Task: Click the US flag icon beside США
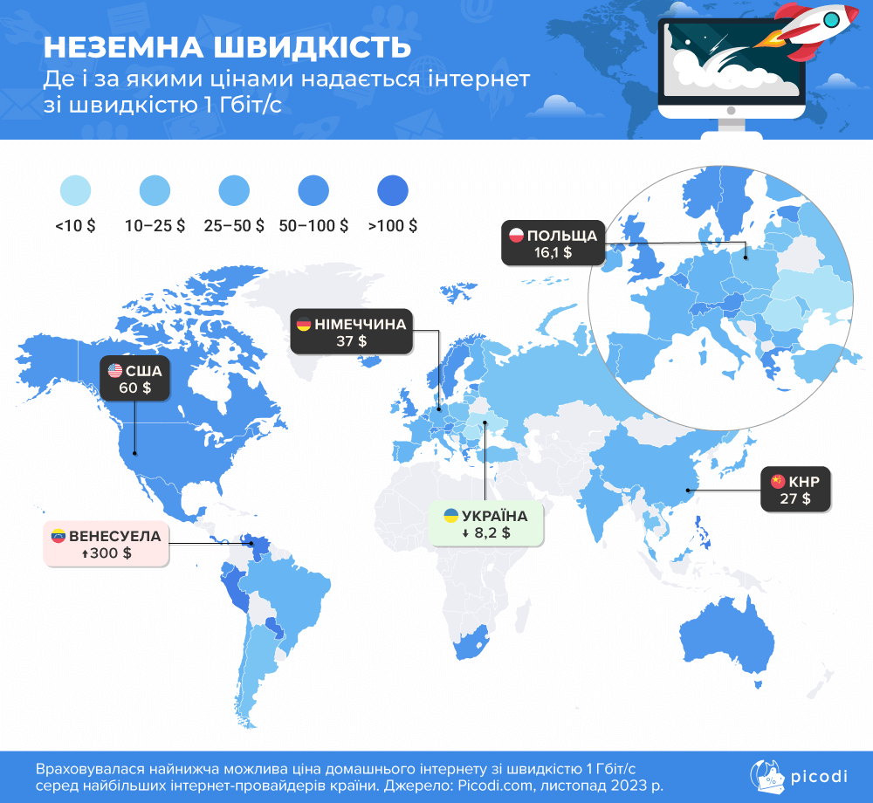pyautogui.click(x=115, y=370)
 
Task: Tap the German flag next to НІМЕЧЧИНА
pyautogui.click(x=304, y=325)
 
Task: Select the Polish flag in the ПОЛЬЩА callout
pyautogui.click(x=515, y=236)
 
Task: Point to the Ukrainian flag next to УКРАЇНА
pyautogui.click(x=451, y=515)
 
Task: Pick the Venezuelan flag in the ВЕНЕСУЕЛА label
pyautogui.click(x=58, y=536)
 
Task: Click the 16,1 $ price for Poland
pyautogui.click(x=553, y=252)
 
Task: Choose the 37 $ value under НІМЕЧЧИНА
pyautogui.click(x=352, y=341)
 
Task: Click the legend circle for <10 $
pyautogui.click(x=75, y=190)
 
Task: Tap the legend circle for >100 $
pyautogui.click(x=393, y=190)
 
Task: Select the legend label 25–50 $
pyautogui.click(x=234, y=226)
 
